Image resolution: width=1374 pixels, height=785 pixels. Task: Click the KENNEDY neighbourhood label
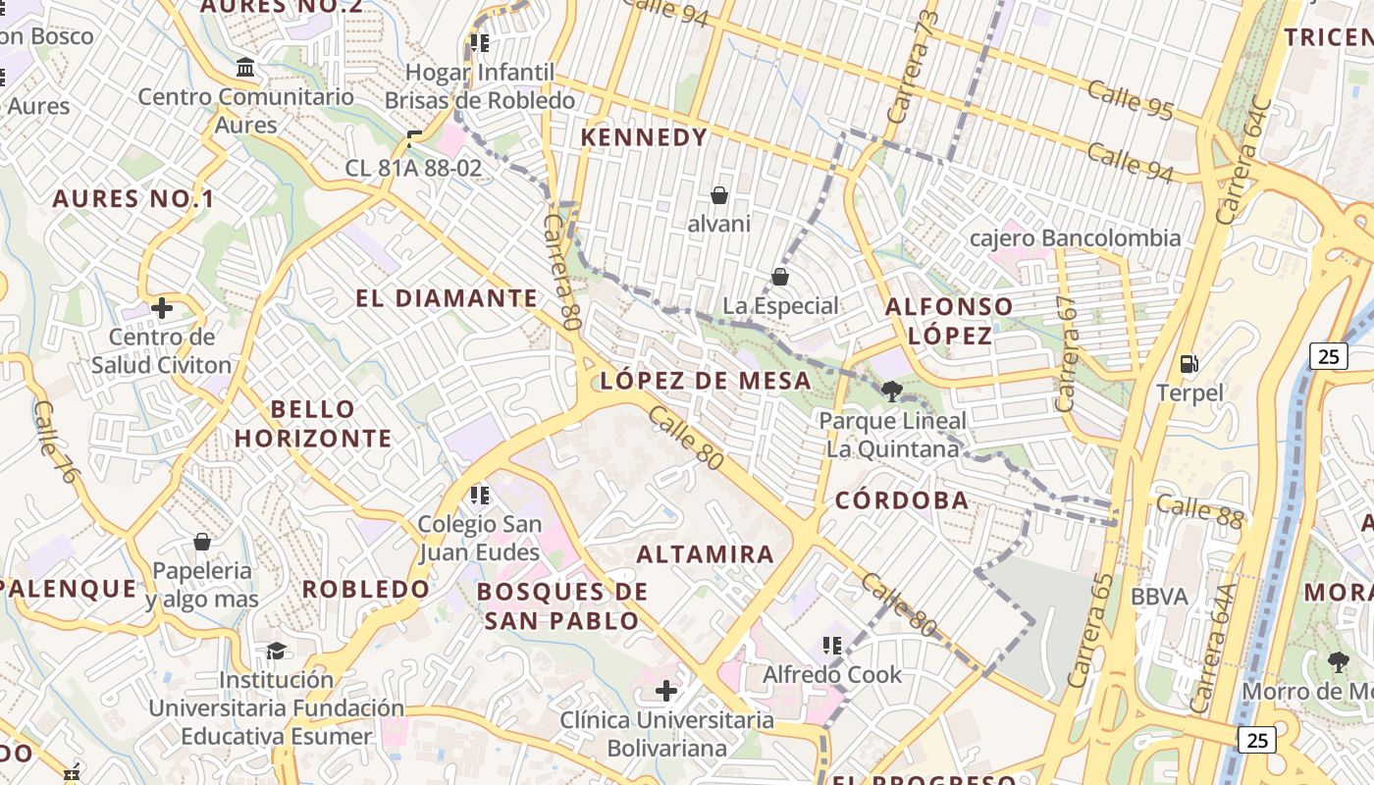pos(644,137)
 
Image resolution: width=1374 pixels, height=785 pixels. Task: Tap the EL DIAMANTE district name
pos(447,298)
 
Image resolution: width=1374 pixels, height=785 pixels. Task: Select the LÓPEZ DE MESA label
pos(706,381)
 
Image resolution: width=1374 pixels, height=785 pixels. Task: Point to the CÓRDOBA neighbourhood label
pos(902,500)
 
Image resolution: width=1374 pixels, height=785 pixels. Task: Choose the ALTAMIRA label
pos(705,554)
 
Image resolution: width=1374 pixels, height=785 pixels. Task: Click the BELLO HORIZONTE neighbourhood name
pos(313,423)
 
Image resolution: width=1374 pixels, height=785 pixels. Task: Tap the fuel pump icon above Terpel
pos(1189,364)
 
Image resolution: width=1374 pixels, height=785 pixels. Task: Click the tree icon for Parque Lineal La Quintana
pos(891,392)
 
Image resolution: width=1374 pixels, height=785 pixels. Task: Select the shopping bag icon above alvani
pos(719,195)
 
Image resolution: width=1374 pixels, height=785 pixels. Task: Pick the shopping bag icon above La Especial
pos(780,277)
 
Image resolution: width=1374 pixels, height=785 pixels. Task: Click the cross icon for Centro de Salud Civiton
pos(162,309)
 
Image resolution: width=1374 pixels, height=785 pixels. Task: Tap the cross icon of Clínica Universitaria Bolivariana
pos(666,691)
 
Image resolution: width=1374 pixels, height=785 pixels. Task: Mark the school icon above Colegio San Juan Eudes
pos(480,495)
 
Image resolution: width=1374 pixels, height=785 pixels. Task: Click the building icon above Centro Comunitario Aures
pos(245,68)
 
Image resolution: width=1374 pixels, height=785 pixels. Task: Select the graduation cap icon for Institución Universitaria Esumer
pos(276,651)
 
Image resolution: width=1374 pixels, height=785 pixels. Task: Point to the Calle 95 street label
pos(1130,99)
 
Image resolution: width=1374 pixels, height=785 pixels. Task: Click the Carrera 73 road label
pos(912,68)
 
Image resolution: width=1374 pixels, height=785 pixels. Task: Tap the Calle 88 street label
pos(1199,510)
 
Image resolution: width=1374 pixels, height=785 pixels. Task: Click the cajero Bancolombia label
pos(1075,238)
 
